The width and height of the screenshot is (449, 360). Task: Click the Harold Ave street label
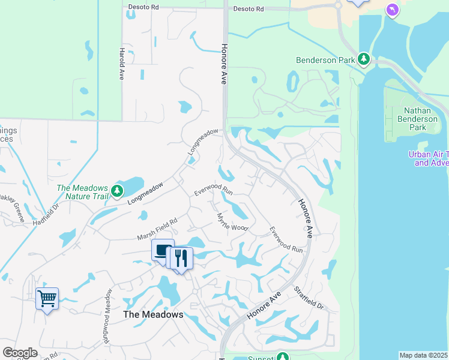(121, 64)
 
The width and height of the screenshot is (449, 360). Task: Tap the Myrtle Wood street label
(232, 222)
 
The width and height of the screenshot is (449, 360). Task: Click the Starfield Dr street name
(309, 298)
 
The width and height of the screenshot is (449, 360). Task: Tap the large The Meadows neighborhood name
(152, 314)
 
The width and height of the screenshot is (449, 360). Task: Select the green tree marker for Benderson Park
(363, 59)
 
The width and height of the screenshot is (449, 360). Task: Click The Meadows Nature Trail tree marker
(117, 191)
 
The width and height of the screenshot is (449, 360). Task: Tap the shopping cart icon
(47, 298)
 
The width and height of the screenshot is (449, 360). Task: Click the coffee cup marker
(163, 250)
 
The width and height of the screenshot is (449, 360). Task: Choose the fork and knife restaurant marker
(181, 258)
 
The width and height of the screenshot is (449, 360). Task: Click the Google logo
(20, 353)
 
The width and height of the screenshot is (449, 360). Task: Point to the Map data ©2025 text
(423, 355)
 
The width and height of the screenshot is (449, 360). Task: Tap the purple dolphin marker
(392, 10)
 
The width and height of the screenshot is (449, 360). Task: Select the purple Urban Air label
(429, 158)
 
